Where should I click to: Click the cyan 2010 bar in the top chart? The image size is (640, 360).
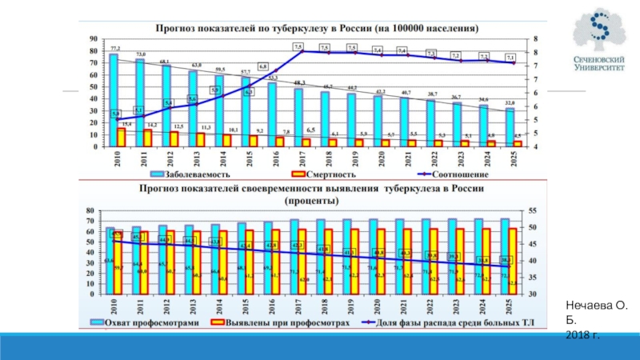click(x=114, y=100)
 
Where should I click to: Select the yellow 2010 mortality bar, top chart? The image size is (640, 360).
click(x=122, y=138)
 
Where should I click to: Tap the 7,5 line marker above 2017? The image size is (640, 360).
click(x=298, y=48)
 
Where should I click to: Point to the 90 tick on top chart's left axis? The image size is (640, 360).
click(x=94, y=38)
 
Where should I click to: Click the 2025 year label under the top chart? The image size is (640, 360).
click(x=509, y=158)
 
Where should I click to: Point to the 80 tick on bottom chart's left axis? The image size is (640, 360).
click(x=94, y=208)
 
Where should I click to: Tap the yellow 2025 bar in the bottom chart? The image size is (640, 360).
click(x=513, y=261)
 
